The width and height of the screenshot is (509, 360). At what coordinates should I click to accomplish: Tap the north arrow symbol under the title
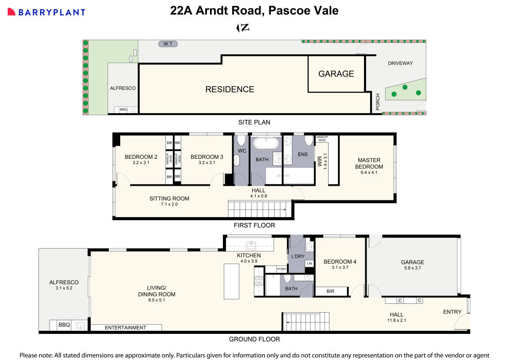243,28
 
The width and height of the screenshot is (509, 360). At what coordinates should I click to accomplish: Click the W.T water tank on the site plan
168,44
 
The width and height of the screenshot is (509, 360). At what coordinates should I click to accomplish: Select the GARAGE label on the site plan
336,74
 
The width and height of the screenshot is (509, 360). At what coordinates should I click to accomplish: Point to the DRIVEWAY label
400,63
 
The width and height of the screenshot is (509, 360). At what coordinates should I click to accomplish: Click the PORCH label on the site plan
378,102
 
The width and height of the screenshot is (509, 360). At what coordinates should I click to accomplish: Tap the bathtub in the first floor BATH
265,144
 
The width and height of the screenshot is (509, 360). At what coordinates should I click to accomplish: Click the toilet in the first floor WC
241,141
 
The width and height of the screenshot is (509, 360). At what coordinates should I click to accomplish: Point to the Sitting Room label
169,199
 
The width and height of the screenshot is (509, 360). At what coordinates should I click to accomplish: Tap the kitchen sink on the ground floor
251,245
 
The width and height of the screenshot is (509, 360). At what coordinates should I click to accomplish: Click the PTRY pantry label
281,269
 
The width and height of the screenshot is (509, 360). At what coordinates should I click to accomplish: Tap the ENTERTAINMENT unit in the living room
126,328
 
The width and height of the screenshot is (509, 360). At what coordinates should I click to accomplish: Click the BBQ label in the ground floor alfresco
64,325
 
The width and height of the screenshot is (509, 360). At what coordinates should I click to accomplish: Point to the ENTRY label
452,312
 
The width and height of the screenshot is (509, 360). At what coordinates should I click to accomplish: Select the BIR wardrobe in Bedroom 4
330,292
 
